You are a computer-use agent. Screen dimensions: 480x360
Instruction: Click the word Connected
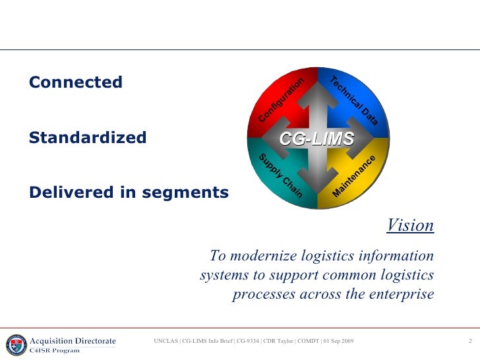pos(76,82)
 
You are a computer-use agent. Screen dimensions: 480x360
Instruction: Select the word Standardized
pos(88,138)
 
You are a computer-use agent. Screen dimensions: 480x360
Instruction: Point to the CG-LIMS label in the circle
pos(316,138)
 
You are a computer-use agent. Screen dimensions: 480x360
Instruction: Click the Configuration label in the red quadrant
pos(281,100)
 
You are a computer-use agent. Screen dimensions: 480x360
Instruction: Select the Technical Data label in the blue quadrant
pos(353,101)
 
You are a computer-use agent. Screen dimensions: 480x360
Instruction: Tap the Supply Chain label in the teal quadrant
pos(280,175)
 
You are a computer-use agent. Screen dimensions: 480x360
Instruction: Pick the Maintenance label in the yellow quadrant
pos(354,175)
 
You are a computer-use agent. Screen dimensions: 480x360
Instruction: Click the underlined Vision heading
pos(410,225)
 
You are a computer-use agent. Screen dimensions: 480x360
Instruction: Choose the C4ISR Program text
pos(55,350)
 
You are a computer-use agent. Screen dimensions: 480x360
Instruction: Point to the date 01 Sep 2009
pos(338,341)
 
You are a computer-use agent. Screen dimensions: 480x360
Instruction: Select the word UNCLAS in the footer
pos(165,341)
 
